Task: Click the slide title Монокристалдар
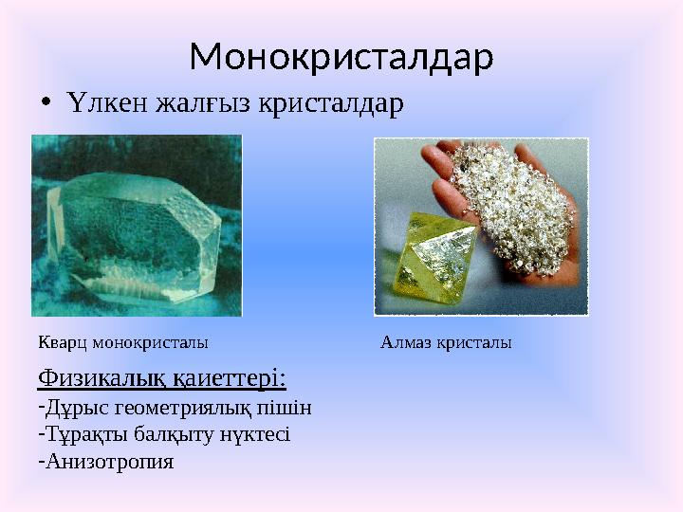(x=341, y=58)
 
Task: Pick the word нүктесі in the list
(x=256, y=435)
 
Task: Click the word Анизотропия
(x=108, y=463)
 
